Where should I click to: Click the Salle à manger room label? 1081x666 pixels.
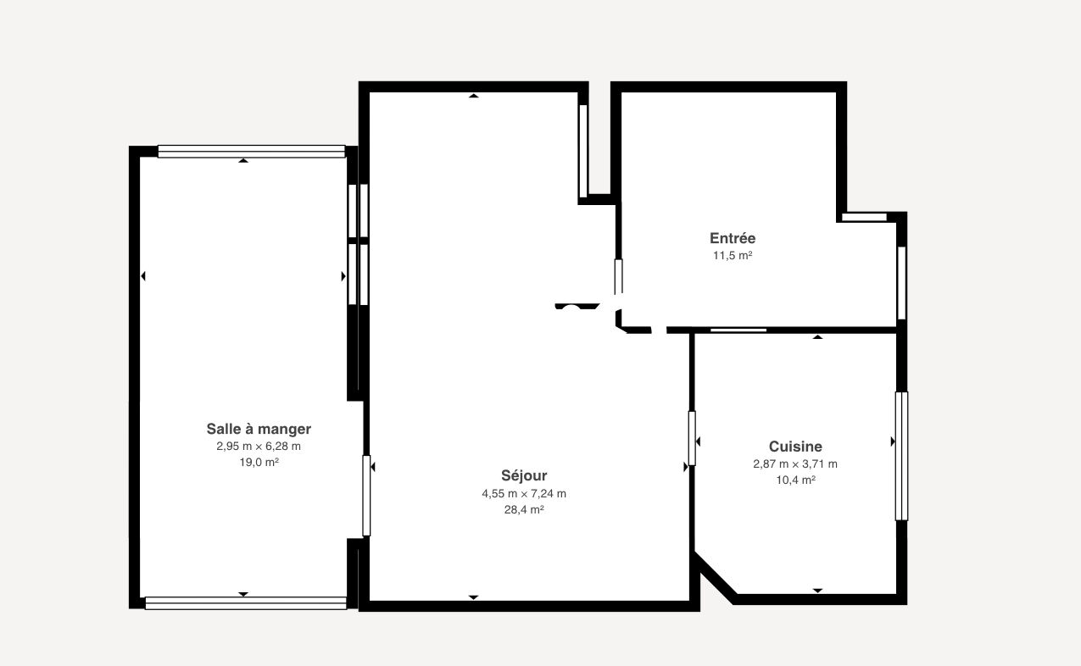(x=259, y=429)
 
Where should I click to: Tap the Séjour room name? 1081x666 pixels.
(x=524, y=475)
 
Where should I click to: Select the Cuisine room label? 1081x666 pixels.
(x=795, y=446)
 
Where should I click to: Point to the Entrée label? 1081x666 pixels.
(x=733, y=238)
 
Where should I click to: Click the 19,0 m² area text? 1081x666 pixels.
(x=259, y=462)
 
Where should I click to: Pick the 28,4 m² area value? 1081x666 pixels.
(x=524, y=509)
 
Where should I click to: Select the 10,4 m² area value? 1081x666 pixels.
(x=796, y=480)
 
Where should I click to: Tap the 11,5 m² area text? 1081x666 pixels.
(x=733, y=256)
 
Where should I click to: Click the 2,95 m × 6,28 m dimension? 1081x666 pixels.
(x=259, y=446)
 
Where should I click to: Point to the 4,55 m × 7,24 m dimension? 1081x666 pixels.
(x=524, y=493)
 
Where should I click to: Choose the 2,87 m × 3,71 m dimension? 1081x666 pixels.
(x=795, y=464)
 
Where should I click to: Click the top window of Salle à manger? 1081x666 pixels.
(x=252, y=152)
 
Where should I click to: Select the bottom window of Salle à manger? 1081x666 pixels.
(x=246, y=603)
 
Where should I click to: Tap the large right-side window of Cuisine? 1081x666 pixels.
(x=901, y=456)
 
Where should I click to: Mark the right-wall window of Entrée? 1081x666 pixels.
(x=901, y=283)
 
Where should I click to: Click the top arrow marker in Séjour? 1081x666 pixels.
(x=473, y=96)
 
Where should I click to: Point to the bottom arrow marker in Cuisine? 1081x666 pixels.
(x=817, y=591)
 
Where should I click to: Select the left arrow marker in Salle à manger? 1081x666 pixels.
(x=142, y=276)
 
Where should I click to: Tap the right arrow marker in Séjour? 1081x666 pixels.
(x=685, y=467)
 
